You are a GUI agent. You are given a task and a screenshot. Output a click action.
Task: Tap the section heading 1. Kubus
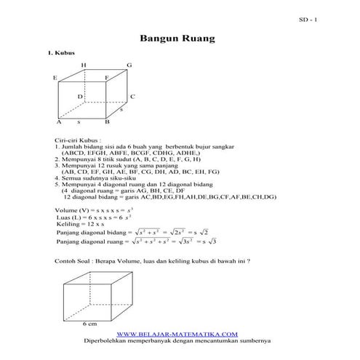(60, 54)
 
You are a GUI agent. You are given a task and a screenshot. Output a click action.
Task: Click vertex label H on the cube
(83, 65)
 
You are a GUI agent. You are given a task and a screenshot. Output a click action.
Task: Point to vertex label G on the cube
(129, 65)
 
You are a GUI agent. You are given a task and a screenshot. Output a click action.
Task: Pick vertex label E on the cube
(55, 77)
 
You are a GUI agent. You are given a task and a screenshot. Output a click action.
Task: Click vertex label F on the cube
(106, 77)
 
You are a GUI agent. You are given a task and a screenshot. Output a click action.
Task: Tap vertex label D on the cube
(80, 96)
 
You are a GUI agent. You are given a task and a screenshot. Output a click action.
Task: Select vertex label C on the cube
(132, 96)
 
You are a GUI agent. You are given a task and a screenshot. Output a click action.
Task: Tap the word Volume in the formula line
(66, 209)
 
